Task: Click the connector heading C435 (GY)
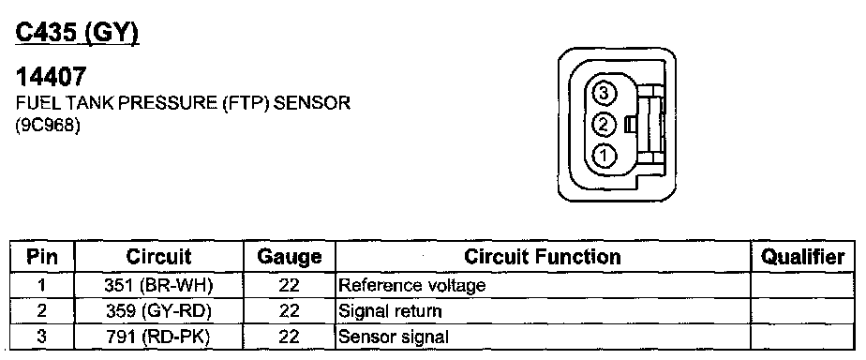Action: [77, 35]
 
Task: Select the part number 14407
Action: [51, 77]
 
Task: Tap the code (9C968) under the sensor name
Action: [48, 126]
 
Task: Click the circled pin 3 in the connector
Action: [604, 94]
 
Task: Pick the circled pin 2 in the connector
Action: [604, 125]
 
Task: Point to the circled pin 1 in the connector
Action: [604, 156]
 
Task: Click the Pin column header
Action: [42, 257]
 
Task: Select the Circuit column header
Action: [158, 257]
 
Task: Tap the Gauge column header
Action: [290, 257]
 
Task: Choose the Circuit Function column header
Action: [543, 257]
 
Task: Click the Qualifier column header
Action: [802, 257]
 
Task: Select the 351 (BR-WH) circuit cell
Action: [158, 285]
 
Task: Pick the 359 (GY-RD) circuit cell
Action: [158, 311]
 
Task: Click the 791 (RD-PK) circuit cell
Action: [158, 337]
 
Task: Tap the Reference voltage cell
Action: [412, 285]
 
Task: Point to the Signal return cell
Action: [390, 311]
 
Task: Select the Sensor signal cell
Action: [394, 337]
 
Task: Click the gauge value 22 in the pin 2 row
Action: [289, 311]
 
